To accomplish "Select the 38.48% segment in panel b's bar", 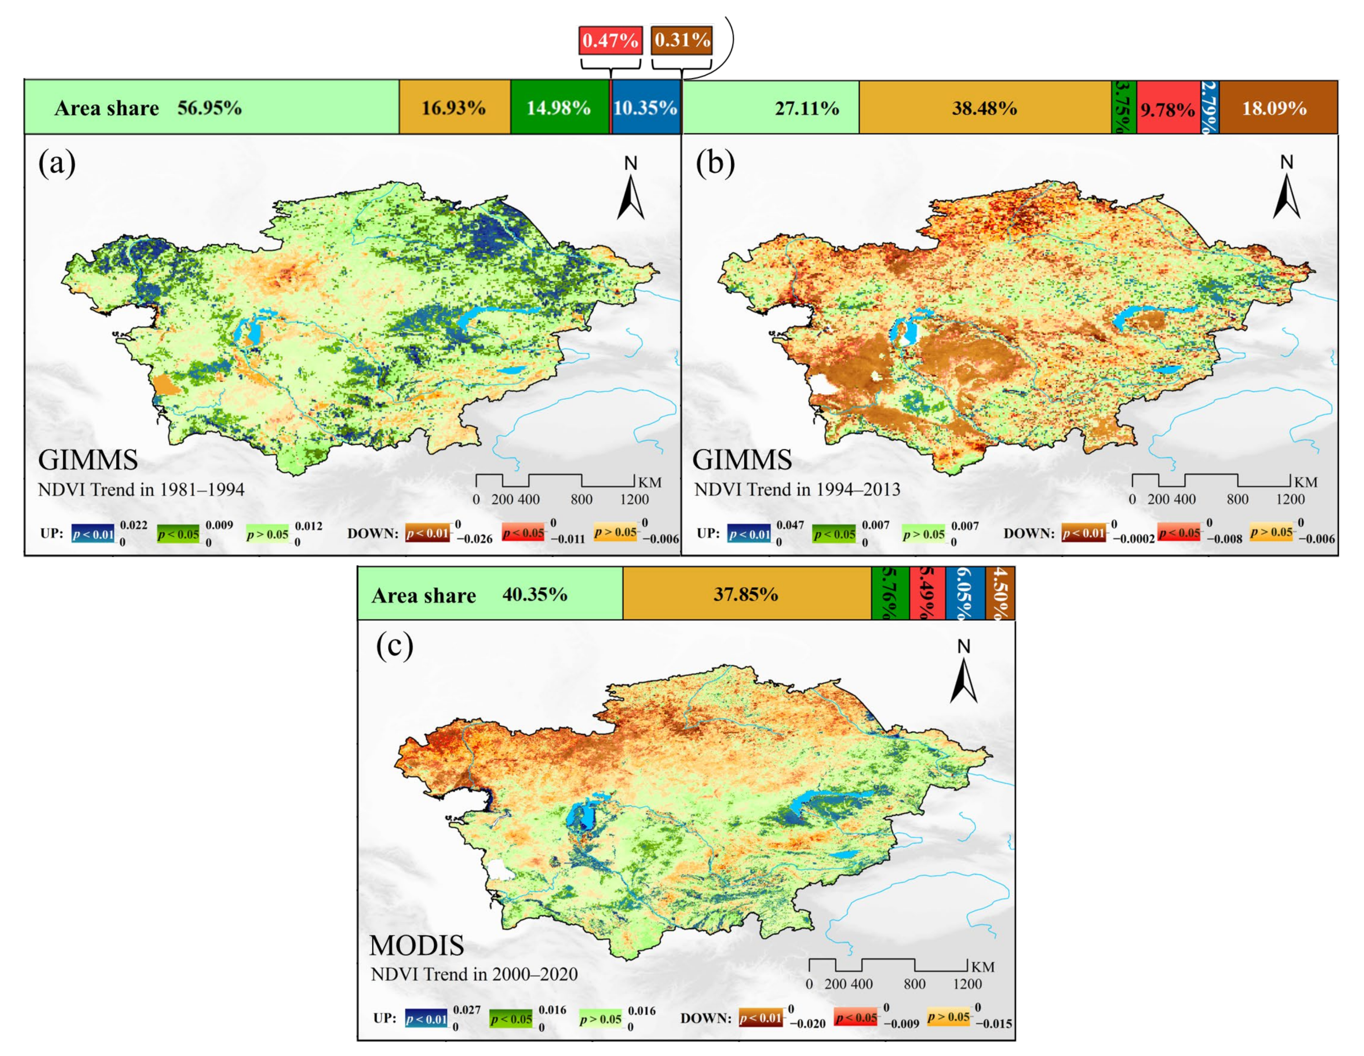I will [x=984, y=107].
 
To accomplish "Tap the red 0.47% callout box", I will [x=609, y=40].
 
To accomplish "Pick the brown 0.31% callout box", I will [x=682, y=40].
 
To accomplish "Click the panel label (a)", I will [x=57, y=164].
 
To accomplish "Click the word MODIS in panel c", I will [x=416, y=946].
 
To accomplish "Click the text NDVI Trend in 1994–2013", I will [x=797, y=489].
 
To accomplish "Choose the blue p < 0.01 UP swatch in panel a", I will [x=93, y=534].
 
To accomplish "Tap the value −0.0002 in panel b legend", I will [x=1134, y=539].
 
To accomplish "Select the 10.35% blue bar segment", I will [x=645, y=107].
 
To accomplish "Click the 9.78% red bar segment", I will [x=1167, y=109].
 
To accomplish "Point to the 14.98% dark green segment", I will [x=558, y=107].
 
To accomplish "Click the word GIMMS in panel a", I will [x=88, y=461].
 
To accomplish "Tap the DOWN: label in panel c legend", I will [x=706, y=1018].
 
